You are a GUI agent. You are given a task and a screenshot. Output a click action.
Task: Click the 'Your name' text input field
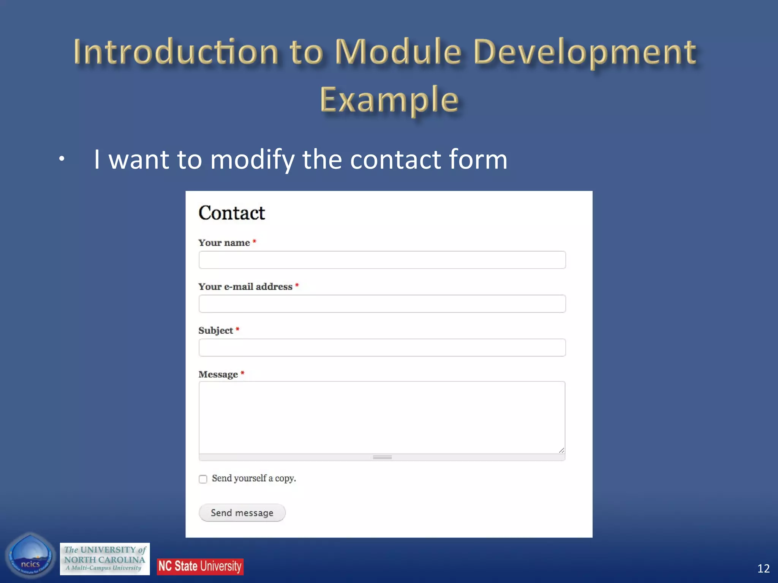(382, 260)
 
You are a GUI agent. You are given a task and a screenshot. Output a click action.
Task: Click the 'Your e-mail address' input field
(382, 304)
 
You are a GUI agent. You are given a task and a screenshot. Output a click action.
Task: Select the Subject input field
(382, 347)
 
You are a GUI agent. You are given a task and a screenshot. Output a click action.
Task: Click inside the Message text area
(382, 417)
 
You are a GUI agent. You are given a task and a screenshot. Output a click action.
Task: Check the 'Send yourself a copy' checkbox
(203, 479)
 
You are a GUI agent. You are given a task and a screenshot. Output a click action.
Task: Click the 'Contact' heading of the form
(232, 213)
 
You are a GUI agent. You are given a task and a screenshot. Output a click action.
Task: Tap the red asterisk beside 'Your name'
(255, 241)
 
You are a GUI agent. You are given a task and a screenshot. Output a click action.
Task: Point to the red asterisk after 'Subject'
(237, 329)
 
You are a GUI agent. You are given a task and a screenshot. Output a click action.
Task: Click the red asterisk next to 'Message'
(242, 373)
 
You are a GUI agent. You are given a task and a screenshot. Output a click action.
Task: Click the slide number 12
(763, 568)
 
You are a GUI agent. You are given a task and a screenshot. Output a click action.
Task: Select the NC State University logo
(200, 566)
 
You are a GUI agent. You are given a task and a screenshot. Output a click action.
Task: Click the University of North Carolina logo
(105, 559)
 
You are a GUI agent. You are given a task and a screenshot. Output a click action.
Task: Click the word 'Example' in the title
(389, 100)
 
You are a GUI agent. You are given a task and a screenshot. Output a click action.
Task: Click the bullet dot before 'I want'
(62, 159)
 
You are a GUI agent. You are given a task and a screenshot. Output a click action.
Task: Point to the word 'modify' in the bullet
(252, 159)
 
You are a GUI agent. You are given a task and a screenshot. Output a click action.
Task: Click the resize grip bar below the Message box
(382, 457)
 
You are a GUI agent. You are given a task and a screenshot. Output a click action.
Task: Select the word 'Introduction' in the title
(177, 52)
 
